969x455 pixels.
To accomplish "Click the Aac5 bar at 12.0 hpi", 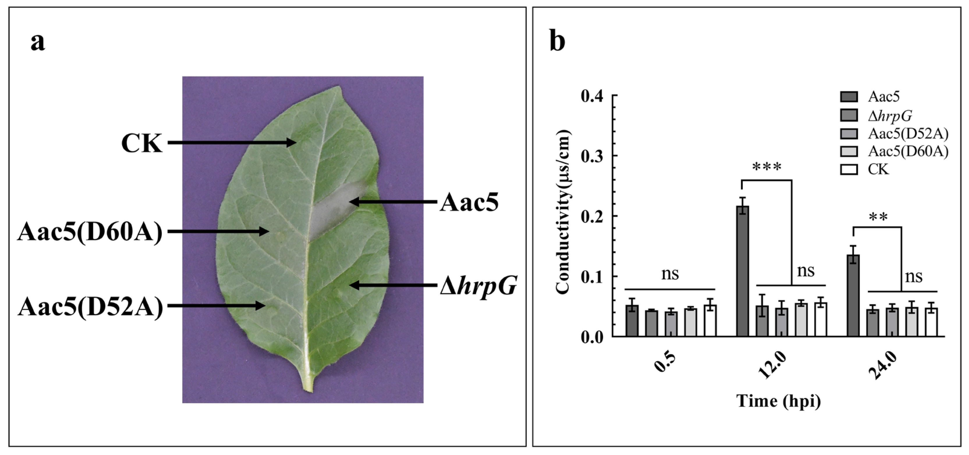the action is pos(743,271).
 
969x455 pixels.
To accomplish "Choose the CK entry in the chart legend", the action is pos(878,170).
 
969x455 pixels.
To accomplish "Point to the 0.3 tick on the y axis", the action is pos(592,156).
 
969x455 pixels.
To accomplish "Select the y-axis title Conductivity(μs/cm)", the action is pos(563,213).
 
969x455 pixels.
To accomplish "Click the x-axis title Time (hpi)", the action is pos(778,401).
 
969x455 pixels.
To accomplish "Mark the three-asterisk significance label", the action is pos(767,168).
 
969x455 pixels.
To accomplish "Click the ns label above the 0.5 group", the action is pos(670,274).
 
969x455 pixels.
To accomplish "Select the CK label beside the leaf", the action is pos(142,143).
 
